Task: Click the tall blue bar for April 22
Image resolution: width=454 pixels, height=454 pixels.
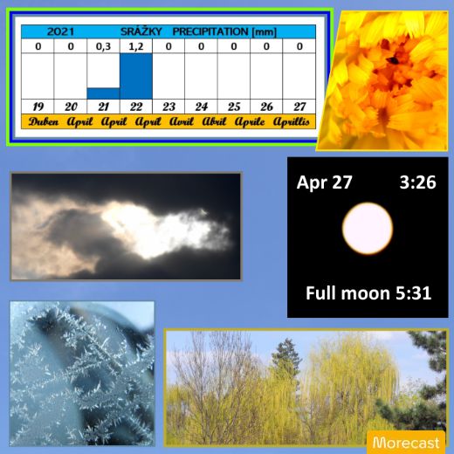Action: [x=136, y=76]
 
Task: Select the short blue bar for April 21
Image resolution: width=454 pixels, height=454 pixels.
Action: [x=103, y=93]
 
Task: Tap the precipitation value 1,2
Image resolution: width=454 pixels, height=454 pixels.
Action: [x=136, y=46]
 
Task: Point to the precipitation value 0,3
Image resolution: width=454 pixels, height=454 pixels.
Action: [x=103, y=46]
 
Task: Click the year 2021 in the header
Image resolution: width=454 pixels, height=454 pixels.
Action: [x=60, y=31]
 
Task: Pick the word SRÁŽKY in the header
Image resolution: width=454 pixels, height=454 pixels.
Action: [x=141, y=31]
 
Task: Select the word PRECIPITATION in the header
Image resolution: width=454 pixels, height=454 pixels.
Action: [x=210, y=31]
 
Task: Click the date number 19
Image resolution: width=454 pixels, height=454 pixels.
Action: [x=38, y=107]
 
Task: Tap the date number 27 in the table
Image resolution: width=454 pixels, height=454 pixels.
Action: [x=299, y=107]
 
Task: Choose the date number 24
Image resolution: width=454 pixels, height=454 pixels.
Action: [x=202, y=107]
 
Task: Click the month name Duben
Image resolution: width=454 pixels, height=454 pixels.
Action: [x=44, y=121]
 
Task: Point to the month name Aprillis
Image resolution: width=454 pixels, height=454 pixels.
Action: [x=291, y=121]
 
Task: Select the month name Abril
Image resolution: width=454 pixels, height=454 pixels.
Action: [x=214, y=121]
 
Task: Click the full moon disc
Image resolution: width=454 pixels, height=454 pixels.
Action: [x=368, y=229]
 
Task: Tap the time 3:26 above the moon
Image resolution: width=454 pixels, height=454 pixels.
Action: [x=417, y=182]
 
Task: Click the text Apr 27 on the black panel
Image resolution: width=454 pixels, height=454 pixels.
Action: [x=324, y=182]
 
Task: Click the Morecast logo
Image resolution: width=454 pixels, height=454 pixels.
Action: [x=406, y=443]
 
